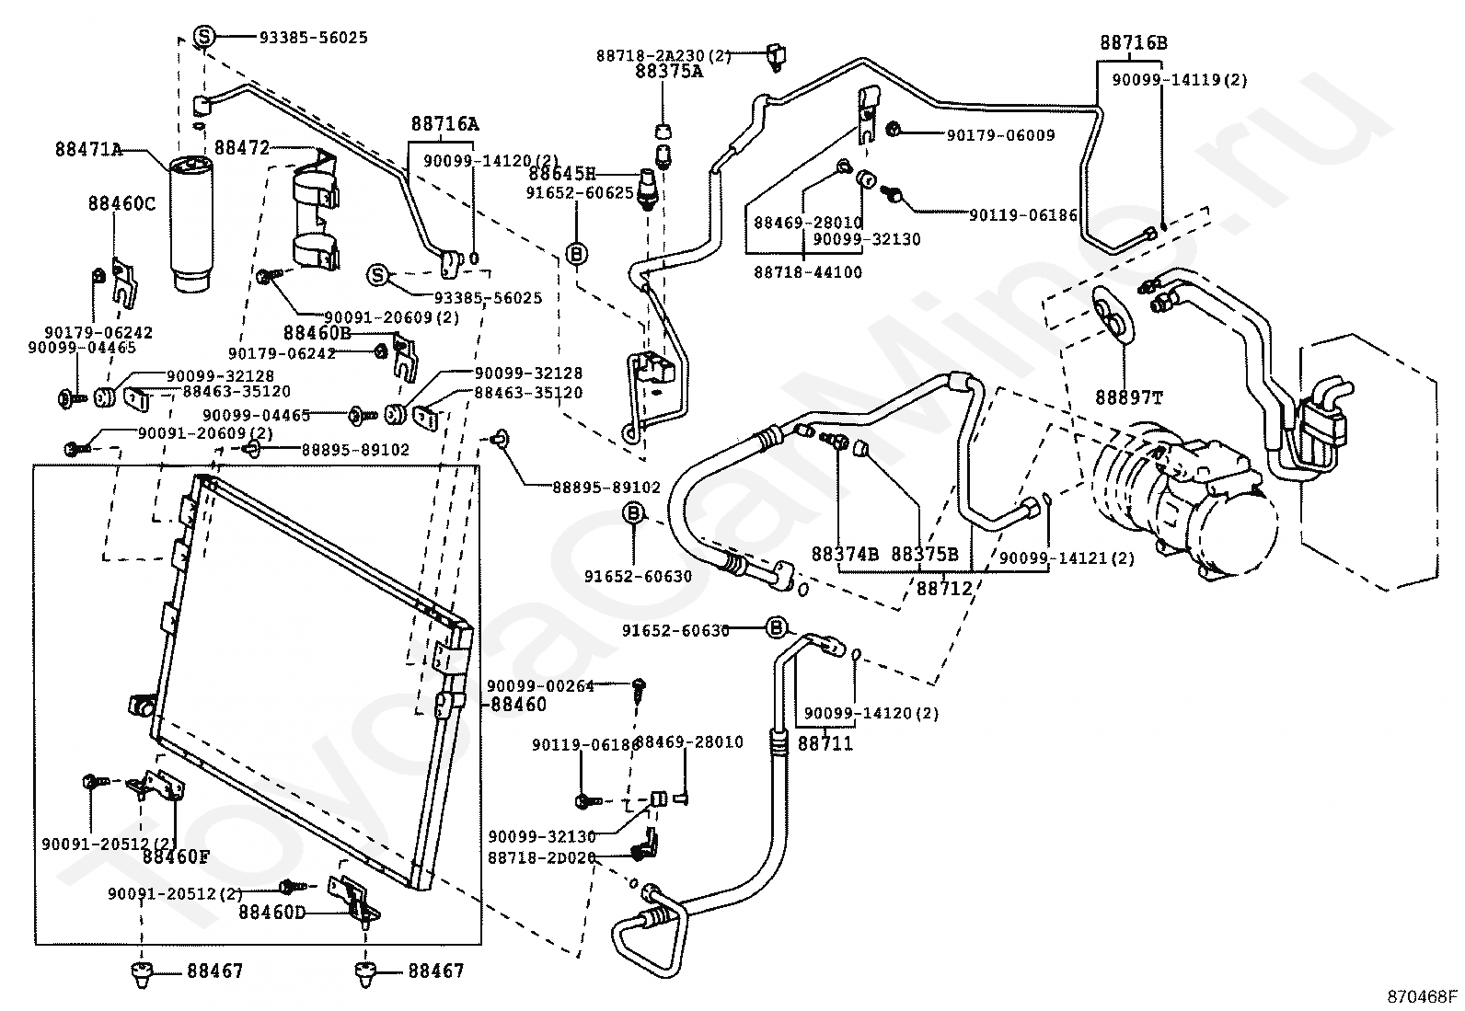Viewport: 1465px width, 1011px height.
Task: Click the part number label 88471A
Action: [x=88, y=149]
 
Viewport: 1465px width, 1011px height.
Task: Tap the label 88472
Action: [x=241, y=147]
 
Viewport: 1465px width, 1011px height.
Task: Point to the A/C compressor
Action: [x=1196, y=501]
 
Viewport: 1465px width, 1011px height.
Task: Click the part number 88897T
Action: [x=1128, y=397]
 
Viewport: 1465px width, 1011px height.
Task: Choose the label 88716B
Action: [x=1134, y=43]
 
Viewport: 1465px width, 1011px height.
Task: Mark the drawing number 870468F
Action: [x=1423, y=996]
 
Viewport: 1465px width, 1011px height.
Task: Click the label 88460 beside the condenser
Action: [x=518, y=705]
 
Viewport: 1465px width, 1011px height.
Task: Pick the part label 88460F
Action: [x=176, y=857]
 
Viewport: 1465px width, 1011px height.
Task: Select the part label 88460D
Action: [x=271, y=913]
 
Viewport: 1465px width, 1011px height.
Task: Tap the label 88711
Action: [x=825, y=742]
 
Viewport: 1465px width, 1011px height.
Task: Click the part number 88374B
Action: [x=845, y=554]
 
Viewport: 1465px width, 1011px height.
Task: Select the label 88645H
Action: [x=562, y=174]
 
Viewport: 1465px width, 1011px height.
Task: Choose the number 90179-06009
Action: [x=1000, y=135]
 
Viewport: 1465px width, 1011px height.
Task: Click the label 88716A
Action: [x=444, y=124]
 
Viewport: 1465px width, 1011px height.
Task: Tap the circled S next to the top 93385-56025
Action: [x=204, y=37]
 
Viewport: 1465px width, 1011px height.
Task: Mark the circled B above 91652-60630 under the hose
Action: [x=634, y=513]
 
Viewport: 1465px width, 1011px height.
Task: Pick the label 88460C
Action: [x=122, y=203]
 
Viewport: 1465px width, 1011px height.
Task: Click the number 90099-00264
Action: [x=541, y=685]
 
